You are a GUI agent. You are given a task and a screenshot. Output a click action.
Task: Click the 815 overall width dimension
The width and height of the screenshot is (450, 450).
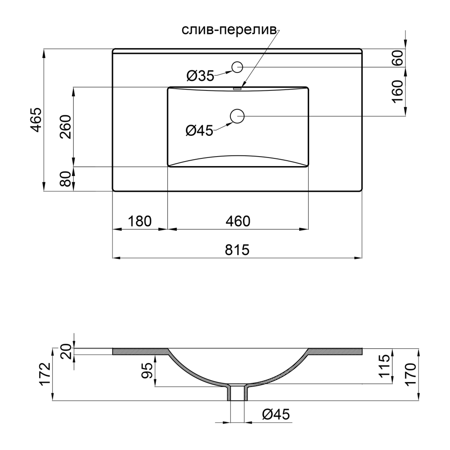tap(237, 250)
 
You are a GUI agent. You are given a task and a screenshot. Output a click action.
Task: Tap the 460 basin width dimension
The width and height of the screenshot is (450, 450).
tap(238, 221)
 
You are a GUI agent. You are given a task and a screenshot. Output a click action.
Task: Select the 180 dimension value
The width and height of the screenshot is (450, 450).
tap(139, 221)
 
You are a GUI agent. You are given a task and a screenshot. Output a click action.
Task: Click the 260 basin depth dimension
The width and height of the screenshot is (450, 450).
tap(66, 126)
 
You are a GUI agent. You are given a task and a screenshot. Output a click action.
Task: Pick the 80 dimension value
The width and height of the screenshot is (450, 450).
tap(66, 179)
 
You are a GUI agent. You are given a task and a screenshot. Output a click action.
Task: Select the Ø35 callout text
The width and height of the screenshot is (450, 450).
tap(200, 76)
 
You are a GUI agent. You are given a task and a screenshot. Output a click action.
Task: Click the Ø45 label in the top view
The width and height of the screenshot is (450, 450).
tap(199, 131)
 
